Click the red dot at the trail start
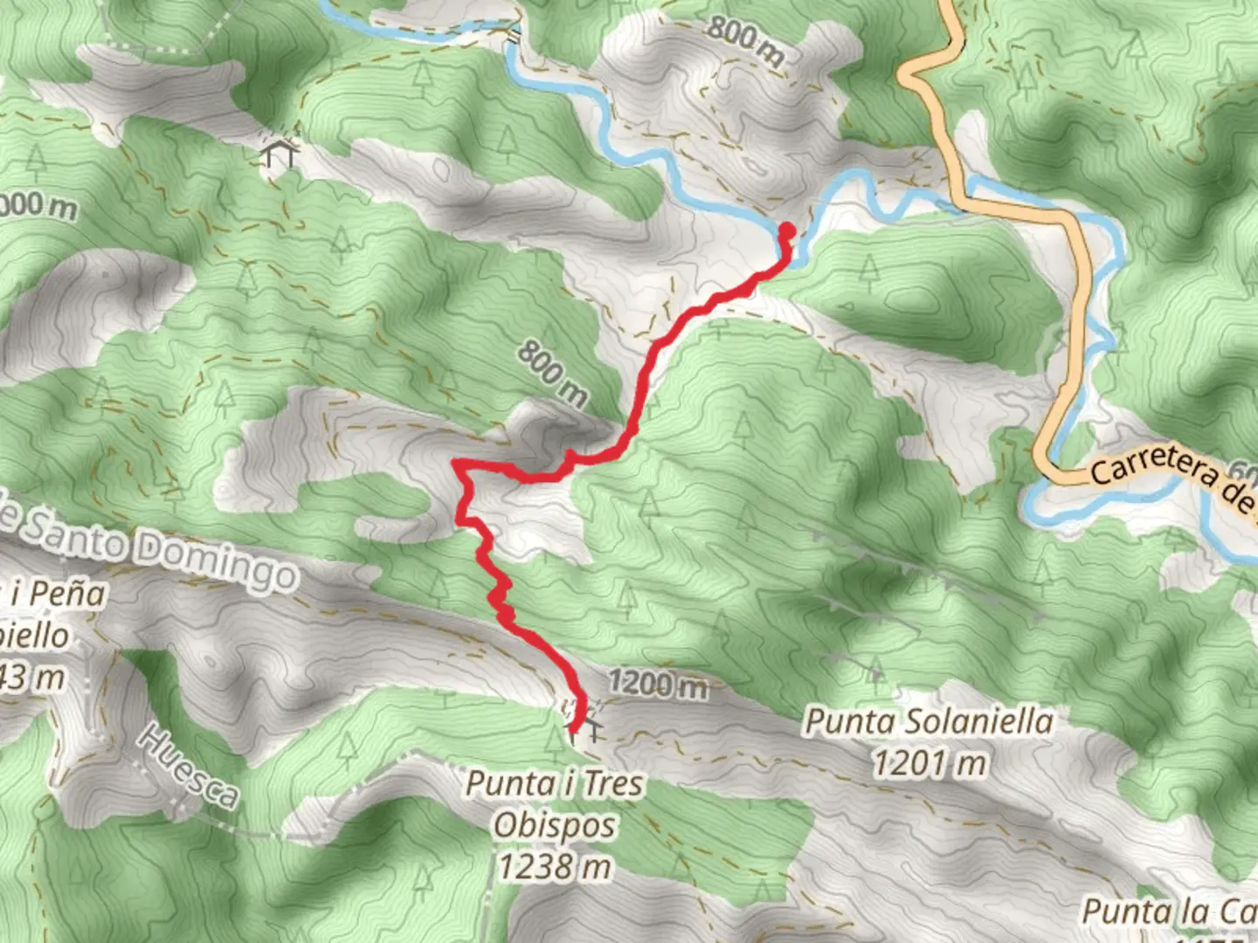coord(786,231)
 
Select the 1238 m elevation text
coord(554,867)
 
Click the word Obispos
coord(554,825)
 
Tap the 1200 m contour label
coord(657,684)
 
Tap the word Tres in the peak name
coord(612,784)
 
